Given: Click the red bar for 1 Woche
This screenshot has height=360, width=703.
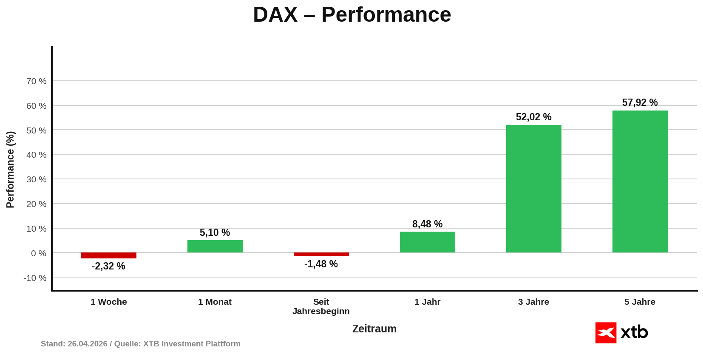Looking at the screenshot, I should [x=109, y=255].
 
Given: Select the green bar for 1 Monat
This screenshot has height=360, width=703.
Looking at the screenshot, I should [x=215, y=247].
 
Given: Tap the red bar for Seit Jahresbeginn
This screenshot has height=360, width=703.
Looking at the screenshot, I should [x=321, y=254].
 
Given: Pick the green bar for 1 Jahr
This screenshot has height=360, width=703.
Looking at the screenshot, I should [x=428, y=242].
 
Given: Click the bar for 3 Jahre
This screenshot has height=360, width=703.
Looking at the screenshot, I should [x=534, y=189].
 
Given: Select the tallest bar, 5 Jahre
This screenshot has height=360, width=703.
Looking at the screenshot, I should [x=640, y=181].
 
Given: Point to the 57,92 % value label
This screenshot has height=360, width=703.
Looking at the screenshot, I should [x=640, y=102].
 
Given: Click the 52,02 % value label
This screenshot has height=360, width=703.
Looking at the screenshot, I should [x=533, y=117].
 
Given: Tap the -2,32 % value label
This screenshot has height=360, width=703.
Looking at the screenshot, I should [x=108, y=266].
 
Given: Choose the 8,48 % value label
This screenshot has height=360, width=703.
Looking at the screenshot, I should [x=427, y=224].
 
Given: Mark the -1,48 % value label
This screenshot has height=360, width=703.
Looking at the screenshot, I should [x=321, y=264].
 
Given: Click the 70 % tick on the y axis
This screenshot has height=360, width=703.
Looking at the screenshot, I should [x=37, y=81].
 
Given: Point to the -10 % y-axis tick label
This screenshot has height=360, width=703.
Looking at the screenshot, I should [x=35, y=278].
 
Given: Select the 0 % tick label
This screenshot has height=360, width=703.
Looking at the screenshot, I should [x=39, y=253].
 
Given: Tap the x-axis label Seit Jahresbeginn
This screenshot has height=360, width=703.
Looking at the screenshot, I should [x=321, y=306].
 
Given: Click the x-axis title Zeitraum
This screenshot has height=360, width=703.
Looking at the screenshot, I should [x=374, y=329].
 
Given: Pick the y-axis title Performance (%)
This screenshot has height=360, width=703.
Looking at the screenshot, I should [x=10, y=170].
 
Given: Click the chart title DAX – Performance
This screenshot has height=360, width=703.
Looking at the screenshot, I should [x=352, y=15].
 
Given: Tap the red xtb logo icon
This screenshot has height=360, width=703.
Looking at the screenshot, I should [x=606, y=332].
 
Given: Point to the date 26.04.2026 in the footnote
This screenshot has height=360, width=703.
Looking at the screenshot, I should [x=87, y=344].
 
